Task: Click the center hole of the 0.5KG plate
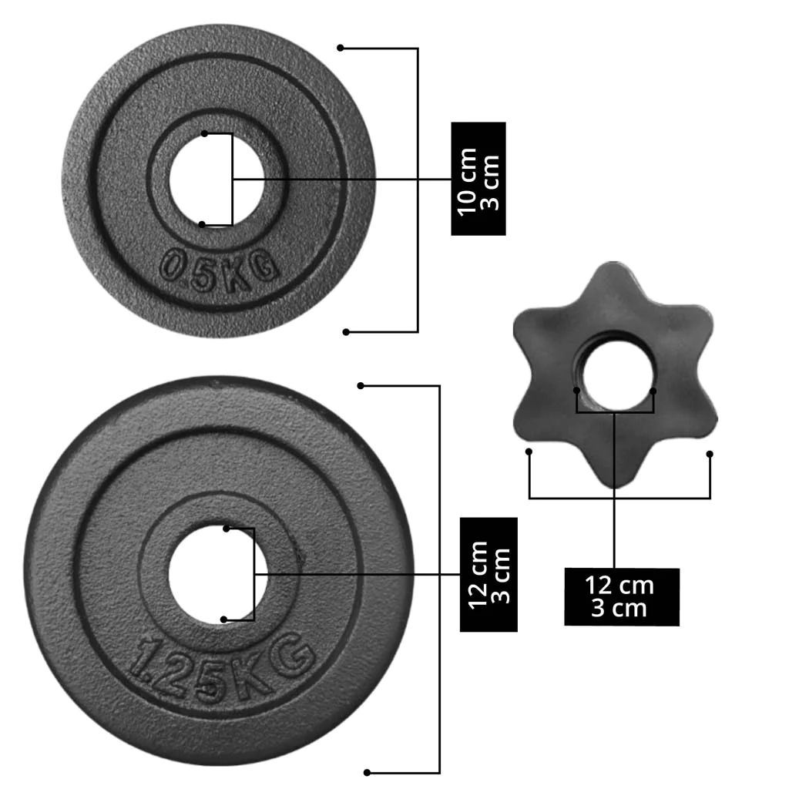[x=217, y=180]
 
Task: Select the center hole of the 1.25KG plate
[x=218, y=574]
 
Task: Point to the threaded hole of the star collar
[x=617, y=375]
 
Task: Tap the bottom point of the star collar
[x=614, y=484]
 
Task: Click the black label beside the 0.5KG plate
[x=478, y=179]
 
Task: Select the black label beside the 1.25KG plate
[x=489, y=574]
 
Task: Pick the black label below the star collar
[x=622, y=597]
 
